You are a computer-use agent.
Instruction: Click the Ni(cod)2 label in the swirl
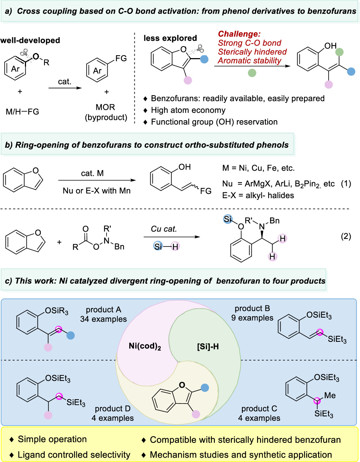pyautogui.click(x=145, y=346)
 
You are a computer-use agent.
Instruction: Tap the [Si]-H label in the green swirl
pyautogui.click(x=208, y=347)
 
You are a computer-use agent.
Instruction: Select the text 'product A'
pyautogui.click(x=103, y=310)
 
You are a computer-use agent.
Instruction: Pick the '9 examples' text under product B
pyautogui.click(x=252, y=318)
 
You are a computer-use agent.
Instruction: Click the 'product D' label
pyautogui.click(x=113, y=409)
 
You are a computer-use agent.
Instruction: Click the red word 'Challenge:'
pyautogui.click(x=239, y=34)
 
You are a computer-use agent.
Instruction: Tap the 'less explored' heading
pyautogui.click(x=170, y=38)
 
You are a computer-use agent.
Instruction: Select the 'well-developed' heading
pyautogui.click(x=30, y=40)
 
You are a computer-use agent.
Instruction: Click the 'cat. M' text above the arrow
pyautogui.click(x=92, y=174)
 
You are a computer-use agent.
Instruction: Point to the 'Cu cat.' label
pyautogui.click(x=164, y=229)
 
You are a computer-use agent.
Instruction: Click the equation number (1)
pyautogui.click(x=346, y=183)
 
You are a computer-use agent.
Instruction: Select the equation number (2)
pyautogui.click(x=346, y=236)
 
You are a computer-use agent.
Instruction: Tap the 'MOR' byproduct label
pyautogui.click(x=105, y=107)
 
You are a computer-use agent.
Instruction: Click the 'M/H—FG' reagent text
pyautogui.click(x=22, y=112)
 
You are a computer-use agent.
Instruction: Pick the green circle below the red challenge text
pyautogui.click(x=252, y=73)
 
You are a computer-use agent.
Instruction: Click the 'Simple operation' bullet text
pyautogui.click(x=52, y=439)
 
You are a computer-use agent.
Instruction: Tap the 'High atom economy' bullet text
pyautogui.click(x=188, y=110)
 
